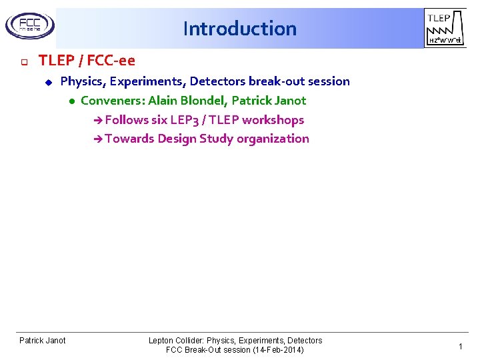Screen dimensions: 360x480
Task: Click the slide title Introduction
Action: pyautogui.click(x=239, y=29)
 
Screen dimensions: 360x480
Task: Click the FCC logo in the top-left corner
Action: pyautogui.click(x=29, y=26)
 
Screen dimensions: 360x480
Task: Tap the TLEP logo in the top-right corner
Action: pyautogui.click(x=443, y=29)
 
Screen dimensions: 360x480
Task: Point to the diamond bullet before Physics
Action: pyautogui.click(x=48, y=82)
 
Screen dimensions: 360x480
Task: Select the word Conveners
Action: pyautogui.click(x=111, y=101)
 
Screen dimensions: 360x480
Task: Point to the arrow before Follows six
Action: pyautogui.click(x=98, y=121)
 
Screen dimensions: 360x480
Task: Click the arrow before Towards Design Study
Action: pyautogui.click(x=98, y=139)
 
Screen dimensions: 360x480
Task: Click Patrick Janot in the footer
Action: pyautogui.click(x=43, y=341)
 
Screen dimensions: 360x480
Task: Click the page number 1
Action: pyautogui.click(x=460, y=347)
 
